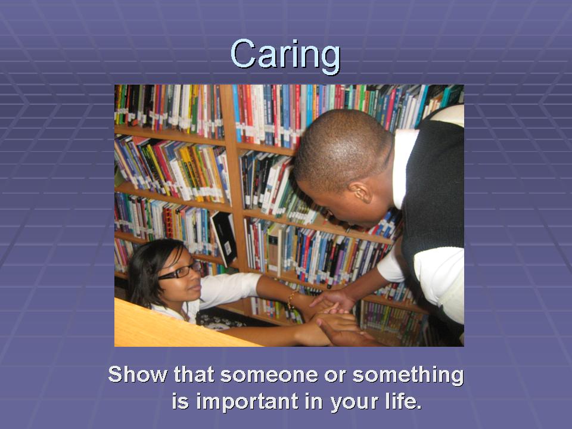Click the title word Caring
[285, 55]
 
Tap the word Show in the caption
[138, 375]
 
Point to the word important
[247, 402]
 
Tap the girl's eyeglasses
[179, 271]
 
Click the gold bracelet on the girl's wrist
[291, 300]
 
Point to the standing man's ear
[361, 192]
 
